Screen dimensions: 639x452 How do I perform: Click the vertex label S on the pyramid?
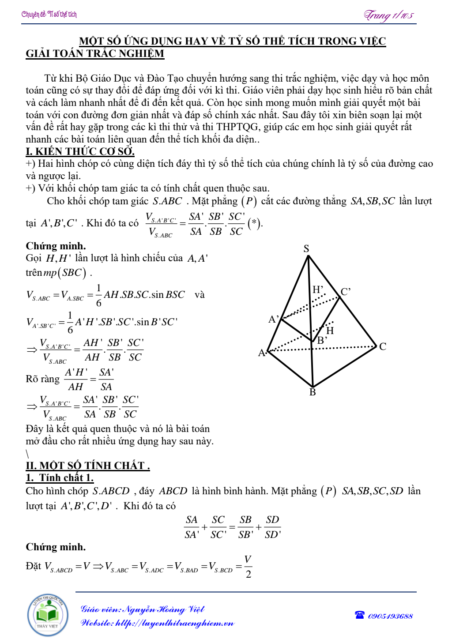click(x=306, y=248)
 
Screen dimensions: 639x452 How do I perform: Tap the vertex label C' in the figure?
click(x=345, y=292)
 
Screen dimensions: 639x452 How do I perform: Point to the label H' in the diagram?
click(x=318, y=290)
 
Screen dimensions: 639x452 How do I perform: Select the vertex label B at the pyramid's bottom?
click(x=313, y=392)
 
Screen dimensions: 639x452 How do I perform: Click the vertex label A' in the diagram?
click(x=274, y=319)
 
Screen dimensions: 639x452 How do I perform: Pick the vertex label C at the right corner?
click(x=383, y=346)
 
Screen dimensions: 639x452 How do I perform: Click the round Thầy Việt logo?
click(x=48, y=615)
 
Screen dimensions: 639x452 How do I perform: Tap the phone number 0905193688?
click(x=390, y=616)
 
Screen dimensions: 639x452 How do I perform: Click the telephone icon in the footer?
click(x=360, y=615)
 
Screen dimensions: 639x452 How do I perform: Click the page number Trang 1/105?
click(x=388, y=15)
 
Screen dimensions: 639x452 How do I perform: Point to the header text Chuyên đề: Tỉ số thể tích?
click(x=49, y=15)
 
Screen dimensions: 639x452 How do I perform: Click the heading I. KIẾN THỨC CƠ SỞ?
click(x=80, y=151)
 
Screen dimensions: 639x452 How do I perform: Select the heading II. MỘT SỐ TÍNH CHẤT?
click(x=87, y=466)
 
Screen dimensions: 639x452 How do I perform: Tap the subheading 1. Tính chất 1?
click(x=60, y=477)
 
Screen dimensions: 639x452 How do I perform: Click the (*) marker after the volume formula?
click(x=254, y=223)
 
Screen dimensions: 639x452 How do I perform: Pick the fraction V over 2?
click(x=248, y=567)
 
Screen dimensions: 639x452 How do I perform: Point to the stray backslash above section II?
click(x=27, y=454)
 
